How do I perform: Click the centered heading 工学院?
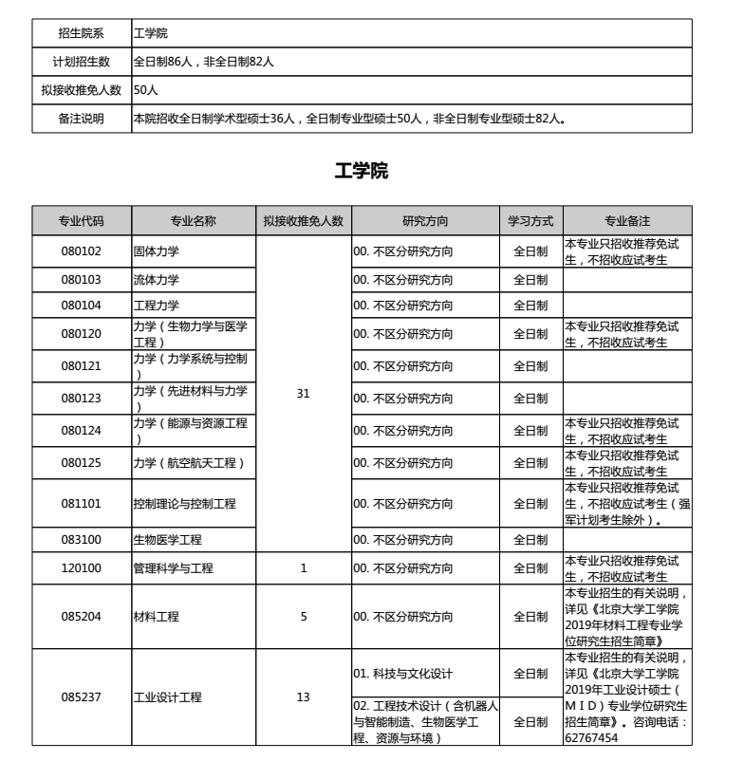click(x=362, y=172)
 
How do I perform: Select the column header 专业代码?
click(x=82, y=221)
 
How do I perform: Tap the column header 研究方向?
click(x=425, y=221)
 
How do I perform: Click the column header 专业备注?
click(x=627, y=221)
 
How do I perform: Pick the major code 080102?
click(x=82, y=251)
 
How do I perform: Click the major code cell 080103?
click(x=82, y=280)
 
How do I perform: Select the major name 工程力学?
click(x=157, y=305)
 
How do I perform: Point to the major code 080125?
click(x=82, y=463)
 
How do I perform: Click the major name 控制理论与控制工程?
click(x=184, y=504)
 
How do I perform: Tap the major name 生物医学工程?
click(x=168, y=540)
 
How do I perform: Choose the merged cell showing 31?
click(x=304, y=392)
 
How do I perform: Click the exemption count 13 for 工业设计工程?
click(x=304, y=697)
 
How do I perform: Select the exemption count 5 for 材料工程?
click(x=304, y=617)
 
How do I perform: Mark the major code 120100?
click(x=82, y=568)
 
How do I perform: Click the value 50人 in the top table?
click(x=146, y=90)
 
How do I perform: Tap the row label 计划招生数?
click(x=82, y=62)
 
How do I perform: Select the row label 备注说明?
click(x=82, y=119)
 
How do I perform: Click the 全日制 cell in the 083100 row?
click(x=530, y=540)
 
